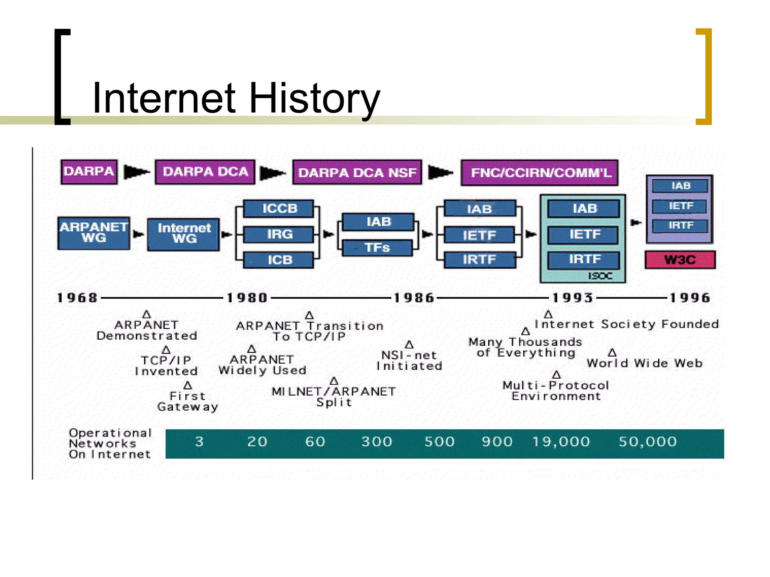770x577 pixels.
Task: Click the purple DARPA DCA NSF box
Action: coord(357,172)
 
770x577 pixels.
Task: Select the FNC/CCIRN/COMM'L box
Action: coord(540,172)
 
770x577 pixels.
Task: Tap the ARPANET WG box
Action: coord(94,233)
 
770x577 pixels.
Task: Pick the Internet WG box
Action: coord(183,234)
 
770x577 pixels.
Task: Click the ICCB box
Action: coord(279,208)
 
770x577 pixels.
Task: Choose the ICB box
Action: coord(279,260)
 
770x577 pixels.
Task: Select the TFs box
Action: coord(377,248)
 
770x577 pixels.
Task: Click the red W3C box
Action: coord(680,260)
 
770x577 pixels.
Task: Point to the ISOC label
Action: coord(600,276)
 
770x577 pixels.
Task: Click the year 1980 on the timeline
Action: coord(247,298)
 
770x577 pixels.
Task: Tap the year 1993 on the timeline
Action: coord(572,298)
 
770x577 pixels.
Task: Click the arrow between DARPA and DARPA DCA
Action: coord(136,172)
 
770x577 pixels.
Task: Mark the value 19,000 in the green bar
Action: coord(561,442)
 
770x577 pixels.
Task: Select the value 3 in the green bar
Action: coord(199,442)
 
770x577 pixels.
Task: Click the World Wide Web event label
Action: coord(644,363)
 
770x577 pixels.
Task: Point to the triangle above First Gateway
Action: coord(188,385)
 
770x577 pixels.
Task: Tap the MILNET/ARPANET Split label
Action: coord(334,397)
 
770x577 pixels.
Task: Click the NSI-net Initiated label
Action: coord(409,361)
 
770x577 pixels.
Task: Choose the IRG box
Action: coord(279,234)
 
